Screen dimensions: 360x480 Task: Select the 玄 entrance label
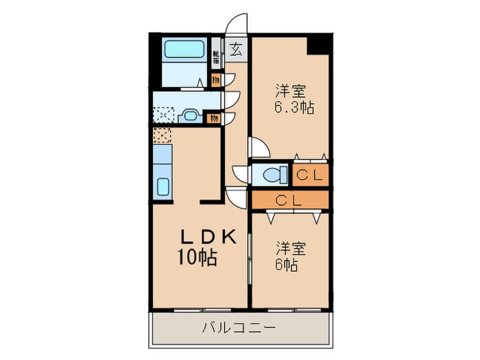tap(236, 49)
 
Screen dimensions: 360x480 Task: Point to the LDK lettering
tap(208, 237)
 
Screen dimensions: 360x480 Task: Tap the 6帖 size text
tap(287, 264)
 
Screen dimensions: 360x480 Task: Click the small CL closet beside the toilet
tap(309, 175)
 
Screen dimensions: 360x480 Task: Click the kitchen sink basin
tap(164, 187)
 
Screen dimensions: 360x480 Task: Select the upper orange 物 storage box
tap(215, 80)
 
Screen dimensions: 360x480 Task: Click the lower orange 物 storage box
tap(214, 118)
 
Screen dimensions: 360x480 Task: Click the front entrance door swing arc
tap(237, 24)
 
